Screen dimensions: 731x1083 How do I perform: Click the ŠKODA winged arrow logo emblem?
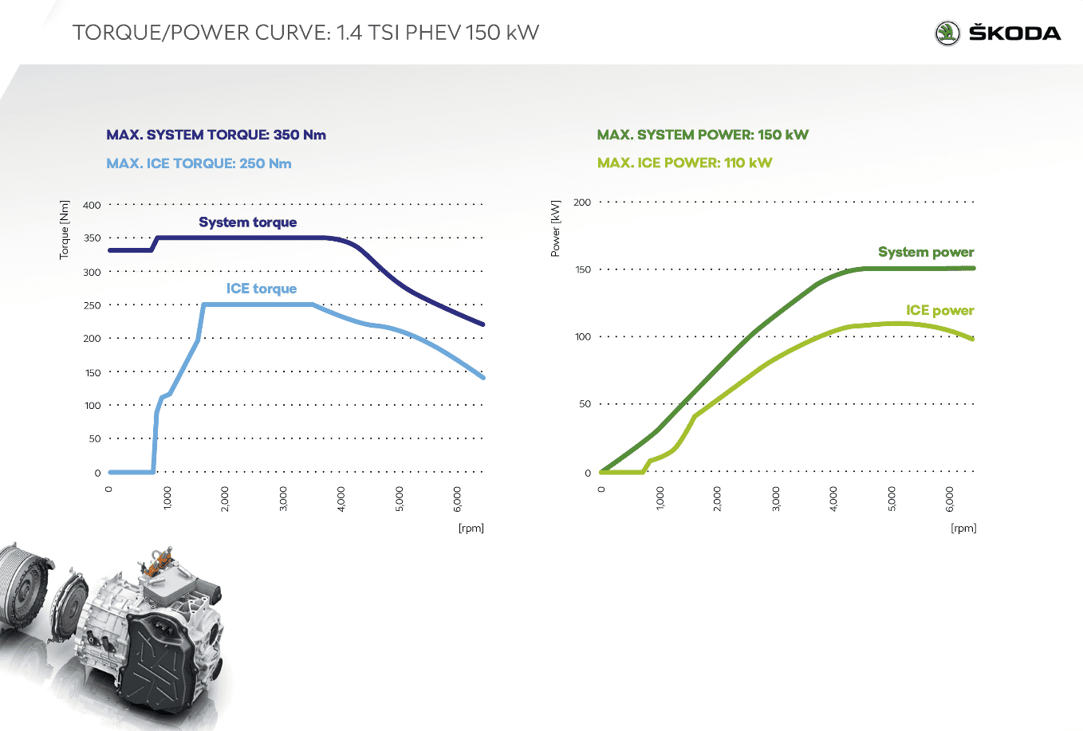click(947, 33)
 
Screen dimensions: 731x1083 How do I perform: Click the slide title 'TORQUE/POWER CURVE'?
click(199, 33)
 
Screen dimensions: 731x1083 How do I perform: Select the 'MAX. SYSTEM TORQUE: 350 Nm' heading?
click(216, 135)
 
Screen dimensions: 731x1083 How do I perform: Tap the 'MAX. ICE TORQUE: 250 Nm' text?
click(199, 163)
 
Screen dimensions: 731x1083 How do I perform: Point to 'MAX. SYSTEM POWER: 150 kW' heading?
click(703, 135)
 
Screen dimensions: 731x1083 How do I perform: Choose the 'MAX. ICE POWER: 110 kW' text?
click(684, 163)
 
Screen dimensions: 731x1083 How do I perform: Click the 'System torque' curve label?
click(247, 222)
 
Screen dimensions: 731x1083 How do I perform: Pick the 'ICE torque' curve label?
click(261, 289)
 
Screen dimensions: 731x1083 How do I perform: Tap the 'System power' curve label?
click(925, 252)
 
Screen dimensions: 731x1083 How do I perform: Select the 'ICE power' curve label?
click(939, 310)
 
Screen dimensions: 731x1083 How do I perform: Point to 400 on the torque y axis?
click(93, 205)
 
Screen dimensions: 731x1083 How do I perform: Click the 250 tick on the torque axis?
click(93, 305)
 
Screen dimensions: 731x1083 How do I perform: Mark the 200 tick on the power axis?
click(583, 202)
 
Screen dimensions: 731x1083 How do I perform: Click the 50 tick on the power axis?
click(585, 404)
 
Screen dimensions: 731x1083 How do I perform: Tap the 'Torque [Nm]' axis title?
click(65, 230)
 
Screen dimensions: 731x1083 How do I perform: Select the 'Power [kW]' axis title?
click(556, 229)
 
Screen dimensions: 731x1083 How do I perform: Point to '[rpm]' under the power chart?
click(963, 528)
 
